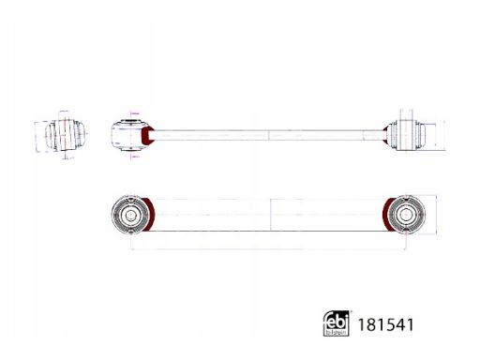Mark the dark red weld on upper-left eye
[144, 138]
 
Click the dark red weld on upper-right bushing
[387, 137]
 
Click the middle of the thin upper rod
[269, 137]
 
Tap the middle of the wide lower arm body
[269, 214]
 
